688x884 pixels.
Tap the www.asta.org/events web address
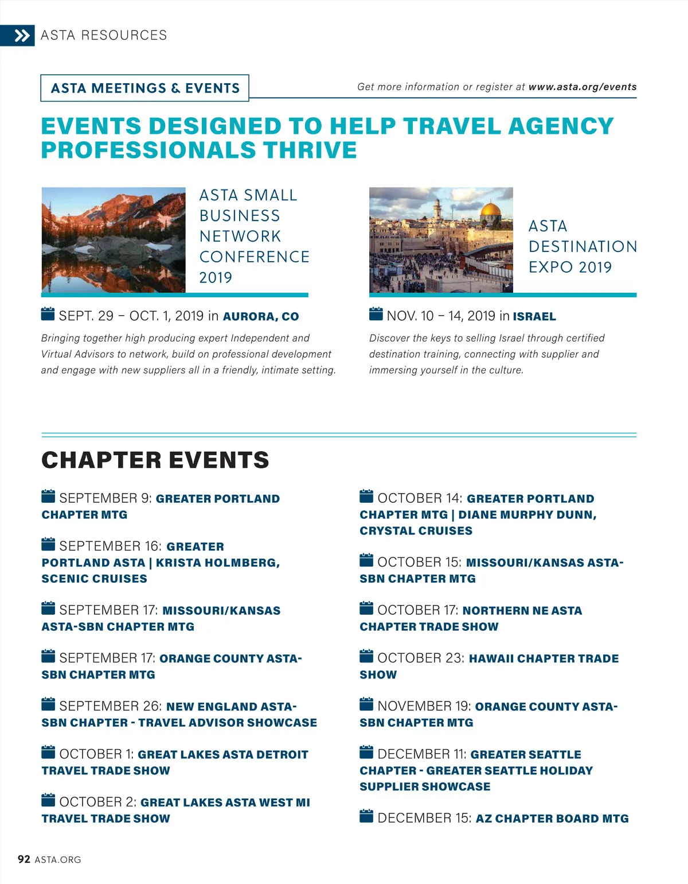pyautogui.click(x=582, y=87)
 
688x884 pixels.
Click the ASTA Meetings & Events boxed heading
pyautogui.click(x=145, y=88)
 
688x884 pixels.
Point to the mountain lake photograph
pyautogui.click(x=114, y=240)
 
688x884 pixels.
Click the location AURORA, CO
pyautogui.click(x=261, y=316)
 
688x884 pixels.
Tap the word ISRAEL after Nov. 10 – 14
pyautogui.click(x=534, y=316)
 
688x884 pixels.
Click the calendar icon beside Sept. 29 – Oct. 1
pyautogui.click(x=48, y=314)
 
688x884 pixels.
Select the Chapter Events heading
pyautogui.click(x=155, y=460)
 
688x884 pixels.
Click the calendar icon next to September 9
pyautogui.click(x=48, y=496)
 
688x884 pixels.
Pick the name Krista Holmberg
pyautogui.click(x=217, y=563)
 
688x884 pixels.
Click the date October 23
pyautogui.click(x=420, y=658)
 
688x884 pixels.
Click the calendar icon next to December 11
pyautogui.click(x=366, y=752)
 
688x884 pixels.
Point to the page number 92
pyautogui.click(x=24, y=859)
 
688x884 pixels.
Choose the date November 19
pyautogui.click(x=424, y=706)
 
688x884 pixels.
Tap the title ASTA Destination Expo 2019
pyautogui.click(x=582, y=246)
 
